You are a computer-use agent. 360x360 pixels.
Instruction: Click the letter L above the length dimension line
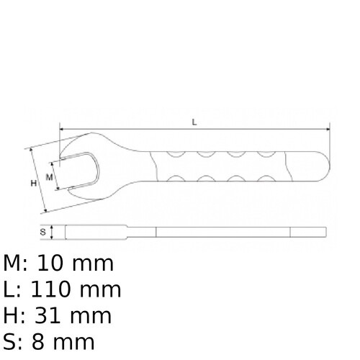click(x=194, y=122)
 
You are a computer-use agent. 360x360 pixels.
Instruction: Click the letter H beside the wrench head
click(x=33, y=183)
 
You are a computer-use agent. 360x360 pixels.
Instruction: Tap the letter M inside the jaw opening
click(x=50, y=176)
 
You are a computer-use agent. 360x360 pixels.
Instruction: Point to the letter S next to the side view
click(x=43, y=232)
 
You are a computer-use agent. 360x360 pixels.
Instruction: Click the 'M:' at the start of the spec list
click(x=14, y=264)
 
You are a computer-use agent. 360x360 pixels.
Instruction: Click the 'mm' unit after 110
click(x=101, y=289)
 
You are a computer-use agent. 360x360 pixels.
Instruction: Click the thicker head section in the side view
click(x=94, y=232)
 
